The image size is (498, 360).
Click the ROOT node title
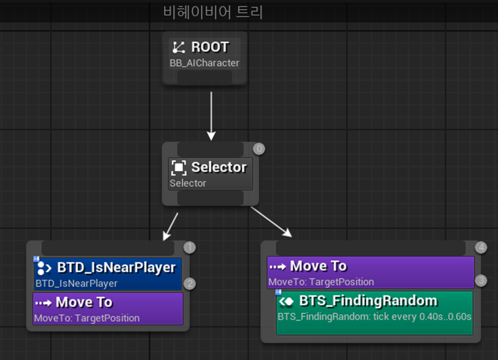210,47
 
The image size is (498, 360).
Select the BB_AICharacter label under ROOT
204,63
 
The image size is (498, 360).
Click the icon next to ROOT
179,48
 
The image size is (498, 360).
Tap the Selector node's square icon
179,168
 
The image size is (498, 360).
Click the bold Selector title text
219,167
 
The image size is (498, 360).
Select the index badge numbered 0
259,149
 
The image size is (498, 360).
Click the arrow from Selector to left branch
171,226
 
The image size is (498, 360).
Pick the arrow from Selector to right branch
271,221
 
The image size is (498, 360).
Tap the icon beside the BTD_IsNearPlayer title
44,267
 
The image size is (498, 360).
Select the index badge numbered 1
190,247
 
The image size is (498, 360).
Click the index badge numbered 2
190,284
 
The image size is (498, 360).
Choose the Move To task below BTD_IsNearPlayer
108,309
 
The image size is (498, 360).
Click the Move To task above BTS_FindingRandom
370,272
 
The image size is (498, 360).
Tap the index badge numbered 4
481,247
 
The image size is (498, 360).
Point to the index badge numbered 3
481,280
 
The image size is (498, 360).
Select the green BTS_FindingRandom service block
374,312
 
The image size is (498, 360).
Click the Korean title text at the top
213,12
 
